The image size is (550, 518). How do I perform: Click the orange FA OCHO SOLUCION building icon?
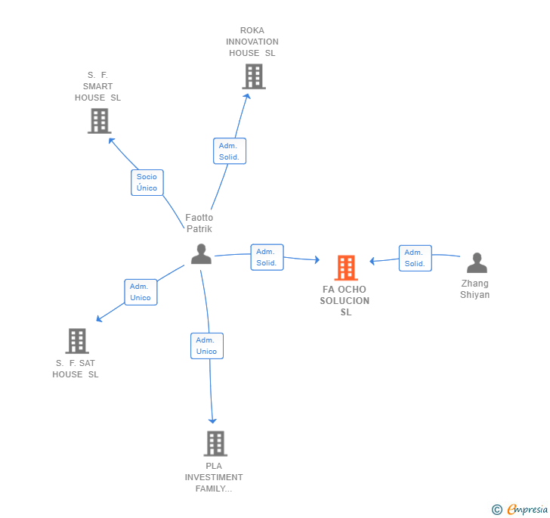(x=345, y=268)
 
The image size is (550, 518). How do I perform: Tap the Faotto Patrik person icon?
(x=201, y=254)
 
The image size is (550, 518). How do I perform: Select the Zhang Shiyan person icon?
(x=477, y=263)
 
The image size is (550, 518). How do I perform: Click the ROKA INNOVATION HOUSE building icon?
(x=253, y=76)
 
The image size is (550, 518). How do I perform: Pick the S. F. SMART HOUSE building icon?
(x=99, y=121)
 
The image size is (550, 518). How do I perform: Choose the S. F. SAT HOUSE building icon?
(x=77, y=341)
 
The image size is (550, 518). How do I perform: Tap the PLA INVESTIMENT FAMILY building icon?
(x=215, y=443)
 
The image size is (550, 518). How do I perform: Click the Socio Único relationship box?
(x=147, y=182)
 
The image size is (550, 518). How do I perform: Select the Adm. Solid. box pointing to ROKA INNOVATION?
(x=229, y=151)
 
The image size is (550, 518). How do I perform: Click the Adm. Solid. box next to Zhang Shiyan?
(x=415, y=258)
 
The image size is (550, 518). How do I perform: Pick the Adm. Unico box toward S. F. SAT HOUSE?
(x=141, y=292)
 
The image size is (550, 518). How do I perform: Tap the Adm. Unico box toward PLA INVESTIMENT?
(x=206, y=346)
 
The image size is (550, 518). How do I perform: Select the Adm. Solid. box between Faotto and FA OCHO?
(x=267, y=257)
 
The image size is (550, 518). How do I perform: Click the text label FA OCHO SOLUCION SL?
(x=345, y=300)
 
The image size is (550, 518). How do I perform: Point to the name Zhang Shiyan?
(x=474, y=289)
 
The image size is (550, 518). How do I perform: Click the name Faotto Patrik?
(x=199, y=223)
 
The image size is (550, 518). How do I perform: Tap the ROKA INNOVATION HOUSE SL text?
(x=253, y=42)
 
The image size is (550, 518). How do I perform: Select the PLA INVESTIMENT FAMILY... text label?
(x=214, y=477)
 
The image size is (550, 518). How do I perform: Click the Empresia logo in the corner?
(x=520, y=510)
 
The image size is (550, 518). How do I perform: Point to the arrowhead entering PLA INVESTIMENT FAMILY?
(x=213, y=420)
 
